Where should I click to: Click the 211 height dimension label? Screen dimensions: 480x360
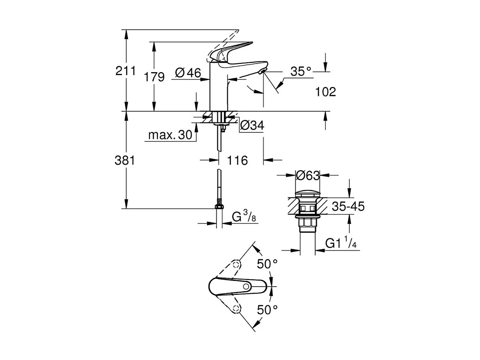pos(125,71)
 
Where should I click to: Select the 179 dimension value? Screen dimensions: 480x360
pos(155,76)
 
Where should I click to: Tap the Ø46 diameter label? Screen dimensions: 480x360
pos(188,73)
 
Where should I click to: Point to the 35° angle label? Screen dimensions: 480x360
pos(301,71)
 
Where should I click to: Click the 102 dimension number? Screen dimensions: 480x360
pos(325,92)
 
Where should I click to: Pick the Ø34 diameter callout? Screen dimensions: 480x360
pos(252,125)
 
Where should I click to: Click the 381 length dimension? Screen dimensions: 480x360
pos(125,160)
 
